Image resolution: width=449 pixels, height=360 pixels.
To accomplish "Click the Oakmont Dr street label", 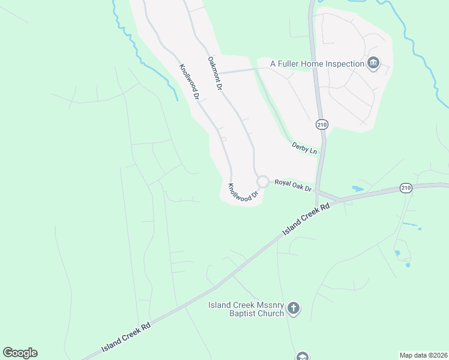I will pyautogui.click(x=215, y=73).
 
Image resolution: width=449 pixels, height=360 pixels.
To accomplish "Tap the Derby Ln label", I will pyautogui.click(x=304, y=148).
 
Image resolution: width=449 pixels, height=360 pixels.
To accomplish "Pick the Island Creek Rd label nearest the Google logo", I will pyautogui.click(x=125, y=338).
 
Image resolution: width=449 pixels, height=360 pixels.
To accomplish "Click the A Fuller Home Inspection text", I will pyautogui.click(x=318, y=64).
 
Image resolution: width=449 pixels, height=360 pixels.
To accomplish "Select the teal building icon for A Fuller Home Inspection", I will pyautogui.click(x=373, y=63).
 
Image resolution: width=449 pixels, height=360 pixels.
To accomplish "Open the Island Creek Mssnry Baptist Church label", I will pyautogui.click(x=246, y=308).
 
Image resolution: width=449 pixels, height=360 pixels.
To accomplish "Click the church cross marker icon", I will pyautogui.click(x=294, y=309).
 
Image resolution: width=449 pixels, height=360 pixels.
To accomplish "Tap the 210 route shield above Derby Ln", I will pyautogui.click(x=322, y=124).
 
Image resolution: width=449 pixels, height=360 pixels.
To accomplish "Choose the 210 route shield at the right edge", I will pyautogui.click(x=406, y=188).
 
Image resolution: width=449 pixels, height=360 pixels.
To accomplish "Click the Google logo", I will pyautogui.click(x=20, y=352).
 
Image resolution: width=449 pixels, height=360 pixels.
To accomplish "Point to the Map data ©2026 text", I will pyautogui.click(x=423, y=355).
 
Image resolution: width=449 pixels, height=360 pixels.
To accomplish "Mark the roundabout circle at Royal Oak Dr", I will pyautogui.click(x=262, y=181).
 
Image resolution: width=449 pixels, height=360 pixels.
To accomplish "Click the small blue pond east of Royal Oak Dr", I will pyautogui.click(x=358, y=188).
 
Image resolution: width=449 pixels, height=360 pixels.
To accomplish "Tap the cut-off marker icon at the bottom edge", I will pyautogui.click(x=302, y=356).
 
